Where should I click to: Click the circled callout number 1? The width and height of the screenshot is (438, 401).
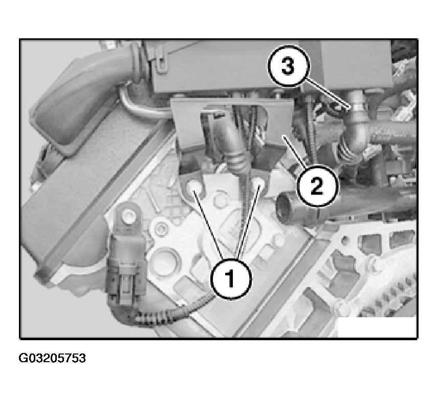(231, 278)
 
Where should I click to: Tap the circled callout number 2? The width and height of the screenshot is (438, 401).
(317, 186)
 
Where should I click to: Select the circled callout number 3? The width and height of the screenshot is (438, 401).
(289, 66)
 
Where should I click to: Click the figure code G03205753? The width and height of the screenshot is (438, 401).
(52, 358)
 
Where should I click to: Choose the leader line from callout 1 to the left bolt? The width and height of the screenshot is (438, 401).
(208, 224)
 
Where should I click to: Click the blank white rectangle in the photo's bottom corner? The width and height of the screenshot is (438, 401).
(377, 327)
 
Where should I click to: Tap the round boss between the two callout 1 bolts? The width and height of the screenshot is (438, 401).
(220, 199)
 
